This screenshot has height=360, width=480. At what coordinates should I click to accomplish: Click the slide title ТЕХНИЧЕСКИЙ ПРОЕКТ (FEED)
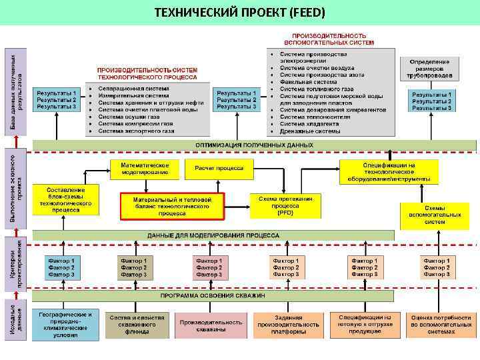(240, 13)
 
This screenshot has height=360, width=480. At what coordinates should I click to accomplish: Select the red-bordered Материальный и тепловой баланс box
(173, 206)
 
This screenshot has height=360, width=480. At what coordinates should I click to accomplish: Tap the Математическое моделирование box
(145, 169)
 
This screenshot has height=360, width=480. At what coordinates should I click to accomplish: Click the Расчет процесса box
(219, 169)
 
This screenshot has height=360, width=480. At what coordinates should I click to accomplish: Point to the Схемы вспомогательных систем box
(435, 215)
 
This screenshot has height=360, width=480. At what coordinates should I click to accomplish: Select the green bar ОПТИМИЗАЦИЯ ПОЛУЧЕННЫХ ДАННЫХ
(253, 144)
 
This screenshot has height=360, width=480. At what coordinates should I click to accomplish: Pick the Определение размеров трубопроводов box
(430, 69)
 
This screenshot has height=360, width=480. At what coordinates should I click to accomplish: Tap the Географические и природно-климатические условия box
(65, 325)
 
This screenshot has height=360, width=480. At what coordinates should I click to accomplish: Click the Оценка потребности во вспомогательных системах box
(435, 325)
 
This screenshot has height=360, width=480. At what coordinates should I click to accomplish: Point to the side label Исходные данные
(19, 323)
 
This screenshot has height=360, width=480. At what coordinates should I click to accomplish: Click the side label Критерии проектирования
(19, 264)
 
